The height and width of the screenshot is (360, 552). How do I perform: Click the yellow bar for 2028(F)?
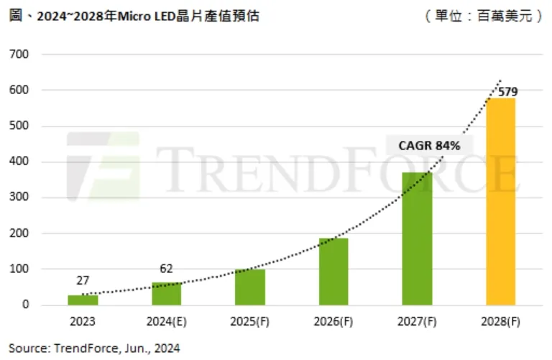(x=500, y=201)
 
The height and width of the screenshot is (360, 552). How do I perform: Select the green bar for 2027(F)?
(x=417, y=239)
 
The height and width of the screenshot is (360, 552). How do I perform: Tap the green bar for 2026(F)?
(x=333, y=272)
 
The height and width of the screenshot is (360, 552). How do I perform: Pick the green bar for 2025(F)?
(x=249, y=287)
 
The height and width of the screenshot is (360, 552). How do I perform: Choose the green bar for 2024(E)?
(x=166, y=294)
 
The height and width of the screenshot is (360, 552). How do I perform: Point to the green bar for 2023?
(x=83, y=300)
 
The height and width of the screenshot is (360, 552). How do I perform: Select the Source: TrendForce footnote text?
(x=94, y=348)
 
